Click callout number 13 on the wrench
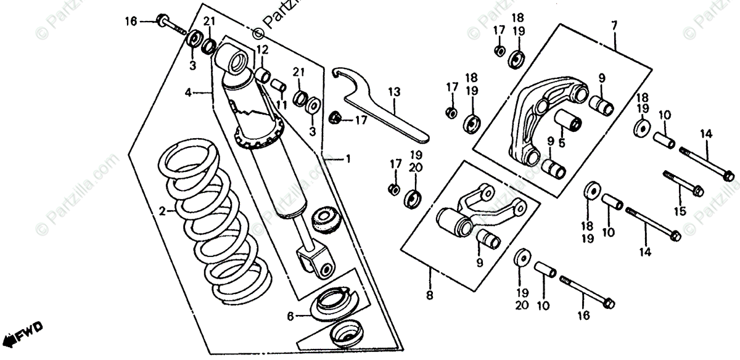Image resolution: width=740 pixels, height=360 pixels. tap(394, 92)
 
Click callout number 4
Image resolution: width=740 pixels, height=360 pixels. tap(189, 93)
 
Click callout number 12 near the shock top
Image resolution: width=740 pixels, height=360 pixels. tap(262, 49)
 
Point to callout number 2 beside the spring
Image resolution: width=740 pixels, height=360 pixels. tap(163, 211)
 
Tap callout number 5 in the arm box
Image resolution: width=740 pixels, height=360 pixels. tap(562, 143)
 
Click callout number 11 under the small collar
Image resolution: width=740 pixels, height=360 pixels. tap(281, 105)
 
